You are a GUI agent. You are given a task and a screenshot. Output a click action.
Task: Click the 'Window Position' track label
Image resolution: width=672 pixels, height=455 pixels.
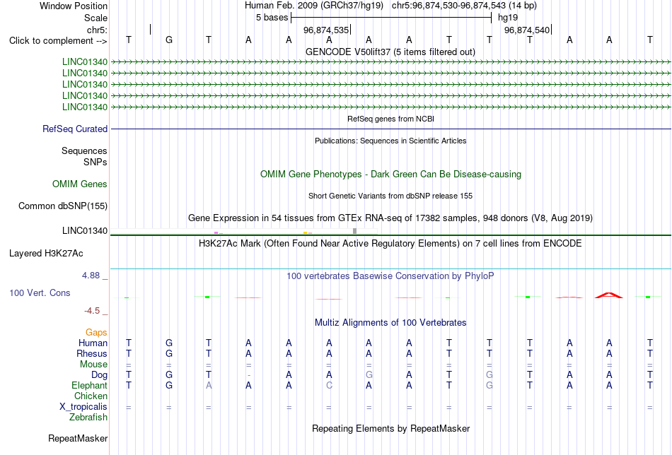(x=74, y=6)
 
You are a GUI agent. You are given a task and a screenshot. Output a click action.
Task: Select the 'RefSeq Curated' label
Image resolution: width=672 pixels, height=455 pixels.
(x=75, y=129)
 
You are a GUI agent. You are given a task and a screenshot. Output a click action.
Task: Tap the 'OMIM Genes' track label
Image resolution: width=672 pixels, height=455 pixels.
(x=80, y=184)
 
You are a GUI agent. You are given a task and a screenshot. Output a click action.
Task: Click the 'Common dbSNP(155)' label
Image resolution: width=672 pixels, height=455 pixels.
(x=63, y=206)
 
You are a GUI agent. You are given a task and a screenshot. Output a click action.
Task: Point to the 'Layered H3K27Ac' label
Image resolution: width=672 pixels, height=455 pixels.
(x=46, y=254)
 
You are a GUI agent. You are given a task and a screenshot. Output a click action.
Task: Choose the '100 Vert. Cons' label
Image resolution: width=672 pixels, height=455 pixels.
(x=40, y=292)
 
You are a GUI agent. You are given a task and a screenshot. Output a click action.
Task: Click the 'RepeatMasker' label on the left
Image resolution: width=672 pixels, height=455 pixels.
(x=78, y=438)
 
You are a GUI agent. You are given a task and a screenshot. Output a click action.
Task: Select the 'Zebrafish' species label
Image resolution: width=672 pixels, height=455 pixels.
(x=88, y=417)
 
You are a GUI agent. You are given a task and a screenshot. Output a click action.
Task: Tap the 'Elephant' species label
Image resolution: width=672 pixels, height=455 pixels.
(x=89, y=385)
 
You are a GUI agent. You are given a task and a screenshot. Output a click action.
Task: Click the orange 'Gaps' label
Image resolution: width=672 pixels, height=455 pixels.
(x=96, y=333)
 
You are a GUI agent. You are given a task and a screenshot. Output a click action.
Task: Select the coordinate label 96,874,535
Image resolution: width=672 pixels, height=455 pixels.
(x=325, y=30)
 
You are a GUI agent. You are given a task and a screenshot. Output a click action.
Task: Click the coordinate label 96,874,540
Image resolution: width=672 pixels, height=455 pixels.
(x=527, y=30)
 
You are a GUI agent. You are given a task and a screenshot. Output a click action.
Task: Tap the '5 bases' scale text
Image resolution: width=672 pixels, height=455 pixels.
(x=272, y=18)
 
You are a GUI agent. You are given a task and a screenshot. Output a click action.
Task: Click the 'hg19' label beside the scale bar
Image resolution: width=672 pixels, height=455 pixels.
(x=508, y=18)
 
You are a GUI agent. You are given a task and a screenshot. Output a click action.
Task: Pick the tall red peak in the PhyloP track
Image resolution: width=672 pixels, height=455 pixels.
(x=609, y=295)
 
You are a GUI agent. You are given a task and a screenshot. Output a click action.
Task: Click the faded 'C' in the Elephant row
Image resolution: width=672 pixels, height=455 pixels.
(x=329, y=385)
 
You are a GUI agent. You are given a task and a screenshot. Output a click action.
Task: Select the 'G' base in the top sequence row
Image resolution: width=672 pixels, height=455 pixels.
(x=169, y=40)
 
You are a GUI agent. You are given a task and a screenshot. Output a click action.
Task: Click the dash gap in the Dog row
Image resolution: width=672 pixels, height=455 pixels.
(x=248, y=375)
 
